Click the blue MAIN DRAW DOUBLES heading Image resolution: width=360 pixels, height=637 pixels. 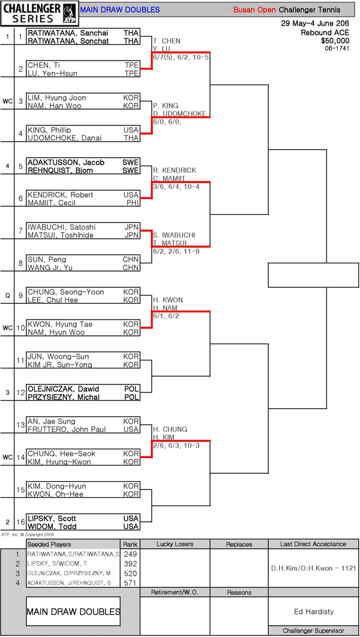119,10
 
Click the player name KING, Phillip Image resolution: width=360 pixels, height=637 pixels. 49,130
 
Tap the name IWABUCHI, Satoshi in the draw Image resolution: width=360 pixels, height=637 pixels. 58,227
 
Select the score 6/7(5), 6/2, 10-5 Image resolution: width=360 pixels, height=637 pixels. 181,57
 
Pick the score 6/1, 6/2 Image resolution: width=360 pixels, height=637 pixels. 166,316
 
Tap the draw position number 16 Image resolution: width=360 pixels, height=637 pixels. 20,522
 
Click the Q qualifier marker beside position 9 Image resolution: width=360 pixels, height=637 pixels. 7,296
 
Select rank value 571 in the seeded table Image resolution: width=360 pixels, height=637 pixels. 130,582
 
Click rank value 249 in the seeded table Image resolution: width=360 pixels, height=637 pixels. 130,554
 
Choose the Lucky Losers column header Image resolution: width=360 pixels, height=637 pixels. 175,544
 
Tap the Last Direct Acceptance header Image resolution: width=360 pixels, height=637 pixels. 313,544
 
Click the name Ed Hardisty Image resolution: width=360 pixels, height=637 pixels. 313,612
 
